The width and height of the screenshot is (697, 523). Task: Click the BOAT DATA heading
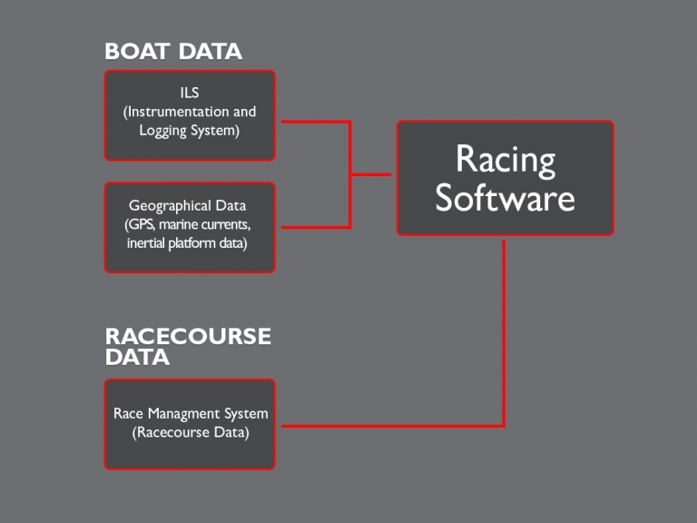point(173,52)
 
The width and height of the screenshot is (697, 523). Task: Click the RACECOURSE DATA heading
point(188,346)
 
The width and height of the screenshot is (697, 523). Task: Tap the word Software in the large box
point(505,197)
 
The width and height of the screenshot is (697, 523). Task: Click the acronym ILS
point(190,93)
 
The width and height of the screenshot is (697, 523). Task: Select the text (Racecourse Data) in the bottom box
point(191,432)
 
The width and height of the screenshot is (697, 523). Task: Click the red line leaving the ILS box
point(313,121)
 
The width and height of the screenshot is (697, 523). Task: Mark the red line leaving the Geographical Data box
point(313,227)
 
